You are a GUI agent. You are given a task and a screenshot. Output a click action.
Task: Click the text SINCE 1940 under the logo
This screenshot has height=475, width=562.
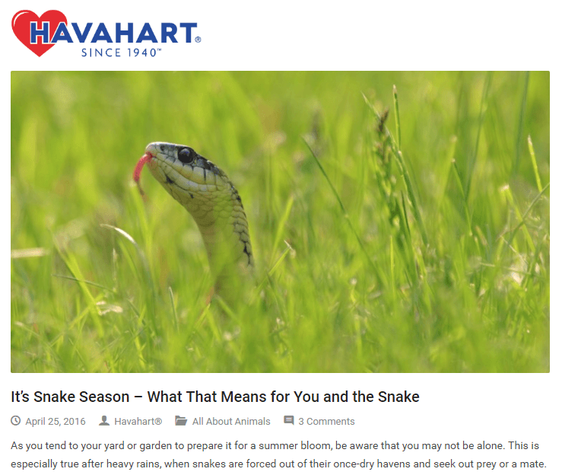click(121, 53)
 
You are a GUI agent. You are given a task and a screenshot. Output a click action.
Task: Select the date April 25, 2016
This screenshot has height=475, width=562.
click(56, 421)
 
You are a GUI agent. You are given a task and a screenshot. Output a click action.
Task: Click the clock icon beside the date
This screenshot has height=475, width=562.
click(17, 421)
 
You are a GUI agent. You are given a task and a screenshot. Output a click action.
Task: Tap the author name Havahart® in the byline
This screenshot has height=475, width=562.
click(138, 421)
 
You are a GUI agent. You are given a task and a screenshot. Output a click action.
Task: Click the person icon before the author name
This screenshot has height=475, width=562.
click(104, 421)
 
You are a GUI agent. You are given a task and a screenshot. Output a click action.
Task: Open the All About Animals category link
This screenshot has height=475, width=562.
click(231, 421)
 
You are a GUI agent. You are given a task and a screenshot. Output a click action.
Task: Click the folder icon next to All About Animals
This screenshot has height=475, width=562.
click(181, 421)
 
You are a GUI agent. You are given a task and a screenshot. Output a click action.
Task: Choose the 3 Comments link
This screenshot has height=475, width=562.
click(326, 421)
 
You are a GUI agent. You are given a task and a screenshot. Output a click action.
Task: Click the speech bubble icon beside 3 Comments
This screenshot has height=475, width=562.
click(289, 421)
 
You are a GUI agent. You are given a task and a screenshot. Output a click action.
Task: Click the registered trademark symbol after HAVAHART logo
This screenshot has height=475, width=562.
click(198, 40)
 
